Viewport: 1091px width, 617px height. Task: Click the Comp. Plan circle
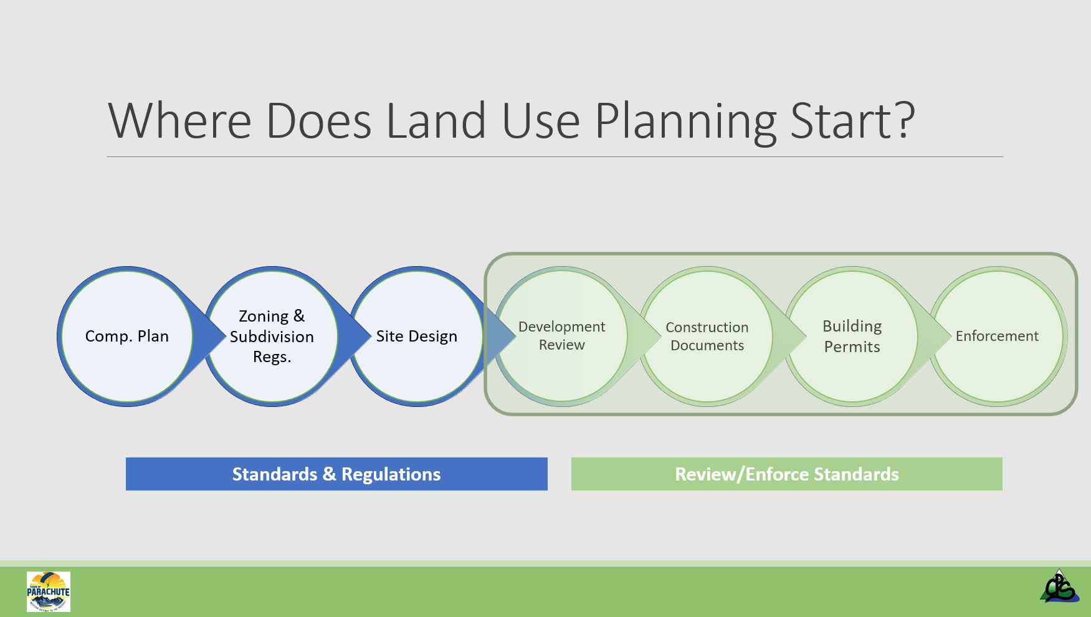[x=127, y=337]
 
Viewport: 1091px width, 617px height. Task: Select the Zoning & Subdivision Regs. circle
[x=272, y=337]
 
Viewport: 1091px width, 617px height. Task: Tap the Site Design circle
[x=417, y=337]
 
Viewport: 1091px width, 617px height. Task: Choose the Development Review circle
[x=561, y=337]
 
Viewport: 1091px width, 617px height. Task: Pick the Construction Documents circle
[x=707, y=337]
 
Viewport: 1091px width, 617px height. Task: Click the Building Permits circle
[x=852, y=337]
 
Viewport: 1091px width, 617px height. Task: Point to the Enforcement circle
[x=997, y=337]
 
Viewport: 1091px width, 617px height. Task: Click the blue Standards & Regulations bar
[x=336, y=474]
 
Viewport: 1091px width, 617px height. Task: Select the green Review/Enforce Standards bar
[x=786, y=474]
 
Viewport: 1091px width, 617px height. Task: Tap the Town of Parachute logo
[x=49, y=591]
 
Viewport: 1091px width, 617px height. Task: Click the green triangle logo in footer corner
[x=1059, y=587]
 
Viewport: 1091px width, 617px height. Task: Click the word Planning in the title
[x=686, y=122]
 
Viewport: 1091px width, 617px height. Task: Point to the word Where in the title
[x=179, y=122]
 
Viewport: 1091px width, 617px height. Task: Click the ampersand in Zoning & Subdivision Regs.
[x=299, y=316]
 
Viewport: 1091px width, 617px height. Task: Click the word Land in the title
[x=436, y=122]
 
